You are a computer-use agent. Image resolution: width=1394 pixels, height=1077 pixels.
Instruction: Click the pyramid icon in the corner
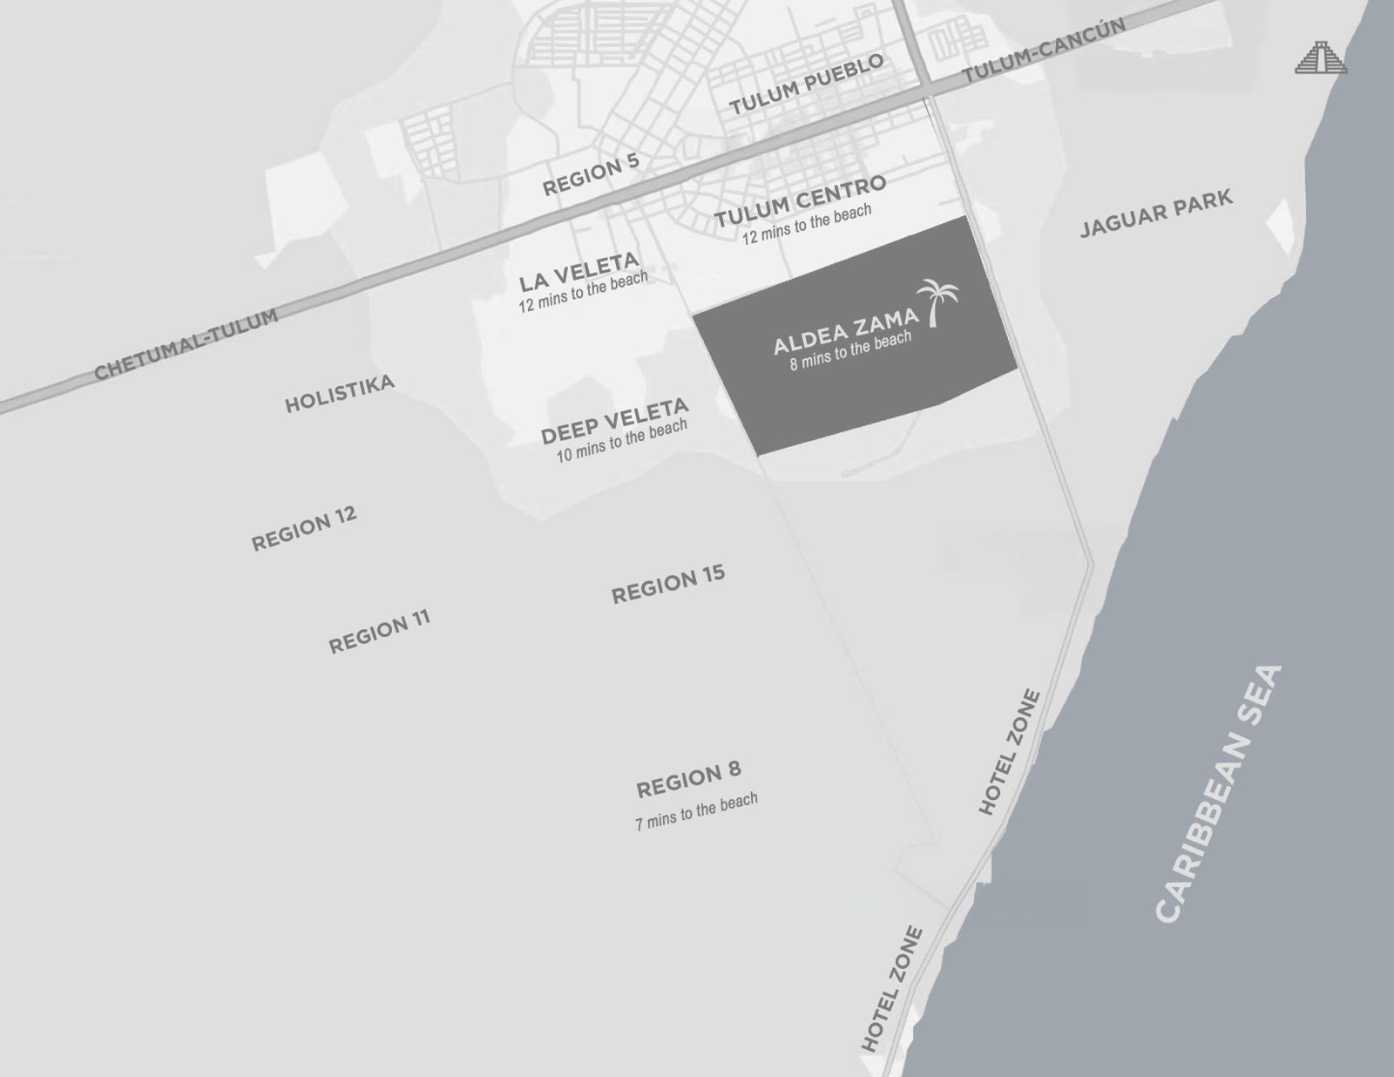tap(1321, 58)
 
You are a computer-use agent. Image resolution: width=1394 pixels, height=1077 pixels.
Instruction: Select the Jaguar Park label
tap(1156, 213)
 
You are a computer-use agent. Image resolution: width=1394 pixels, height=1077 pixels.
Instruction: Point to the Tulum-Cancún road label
tap(1043, 51)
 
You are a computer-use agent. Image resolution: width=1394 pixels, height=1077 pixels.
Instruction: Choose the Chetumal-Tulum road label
tap(186, 344)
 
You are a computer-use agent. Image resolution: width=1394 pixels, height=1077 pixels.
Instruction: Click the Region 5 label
tap(591, 174)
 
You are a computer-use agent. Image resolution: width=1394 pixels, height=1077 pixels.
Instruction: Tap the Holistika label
tap(340, 394)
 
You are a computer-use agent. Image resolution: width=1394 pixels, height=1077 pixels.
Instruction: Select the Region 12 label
tap(304, 528)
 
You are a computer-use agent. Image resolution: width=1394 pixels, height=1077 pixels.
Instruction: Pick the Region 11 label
tap(379, 632)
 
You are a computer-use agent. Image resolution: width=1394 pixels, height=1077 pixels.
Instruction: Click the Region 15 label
tap(668, 585)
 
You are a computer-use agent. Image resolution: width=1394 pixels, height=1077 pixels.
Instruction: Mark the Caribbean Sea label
tap(1220, 793)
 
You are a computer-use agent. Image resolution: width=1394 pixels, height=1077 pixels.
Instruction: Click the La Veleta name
tap(579, 273)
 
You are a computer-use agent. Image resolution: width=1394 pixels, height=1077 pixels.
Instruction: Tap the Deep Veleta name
tap(614, 421)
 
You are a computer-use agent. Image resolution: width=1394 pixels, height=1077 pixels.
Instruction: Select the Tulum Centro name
tap(800, 200)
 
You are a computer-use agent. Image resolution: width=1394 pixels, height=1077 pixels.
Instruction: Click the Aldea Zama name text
tap(845, 331)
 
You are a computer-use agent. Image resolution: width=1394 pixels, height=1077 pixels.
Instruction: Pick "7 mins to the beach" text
tap(696, 811)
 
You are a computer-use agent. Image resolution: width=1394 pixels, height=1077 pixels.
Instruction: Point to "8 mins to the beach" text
tap(850, 350)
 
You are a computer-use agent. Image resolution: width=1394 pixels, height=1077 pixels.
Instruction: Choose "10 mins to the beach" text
tap(622, 441)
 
